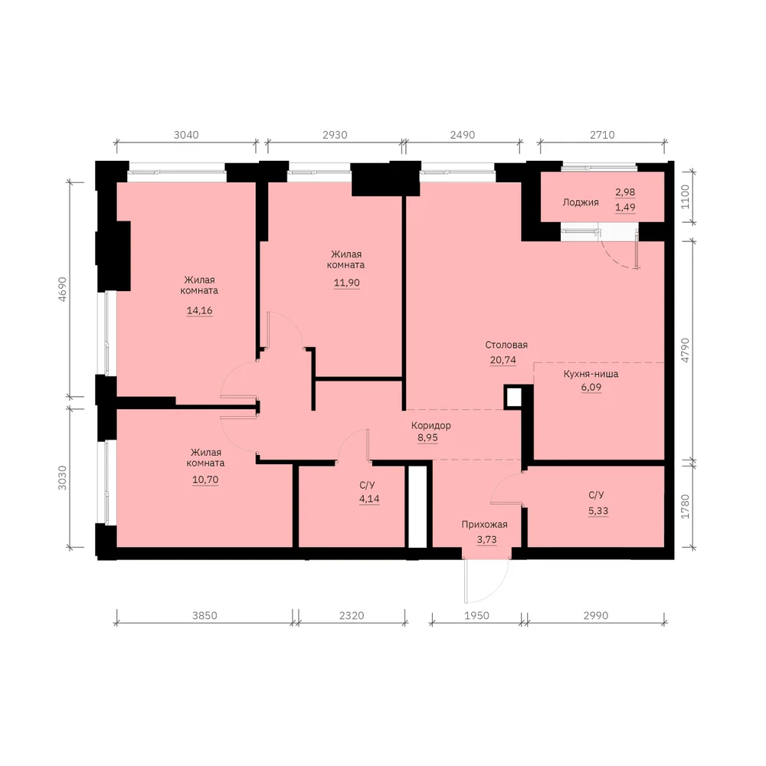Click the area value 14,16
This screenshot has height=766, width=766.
coord(199,310)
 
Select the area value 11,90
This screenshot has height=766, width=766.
coord(346,283)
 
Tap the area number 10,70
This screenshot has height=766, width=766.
coord(205,480)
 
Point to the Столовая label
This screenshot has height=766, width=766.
coord(506,345)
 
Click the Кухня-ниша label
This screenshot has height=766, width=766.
coord(591,374)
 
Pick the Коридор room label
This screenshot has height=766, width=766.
coord(430,425)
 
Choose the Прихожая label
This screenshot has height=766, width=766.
coord(484,524)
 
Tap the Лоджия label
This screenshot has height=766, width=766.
coord(581,202)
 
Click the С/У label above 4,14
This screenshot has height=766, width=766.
coord(367,485)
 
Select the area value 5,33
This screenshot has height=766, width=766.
coord(598,510)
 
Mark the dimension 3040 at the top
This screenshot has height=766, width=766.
coord(186,135)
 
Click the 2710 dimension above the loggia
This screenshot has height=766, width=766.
coord(602,135)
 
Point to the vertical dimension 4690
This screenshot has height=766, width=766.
coord(62,289)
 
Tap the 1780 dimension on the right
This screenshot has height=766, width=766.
coord(685,506)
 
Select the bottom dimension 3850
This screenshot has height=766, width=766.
coord(205,616)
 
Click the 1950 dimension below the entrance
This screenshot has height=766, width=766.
coord(476,616)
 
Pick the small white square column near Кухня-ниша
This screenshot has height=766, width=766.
coord(513,398)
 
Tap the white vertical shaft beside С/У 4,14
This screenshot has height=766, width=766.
coord(417,507)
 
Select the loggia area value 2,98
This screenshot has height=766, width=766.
coord(625,192)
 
